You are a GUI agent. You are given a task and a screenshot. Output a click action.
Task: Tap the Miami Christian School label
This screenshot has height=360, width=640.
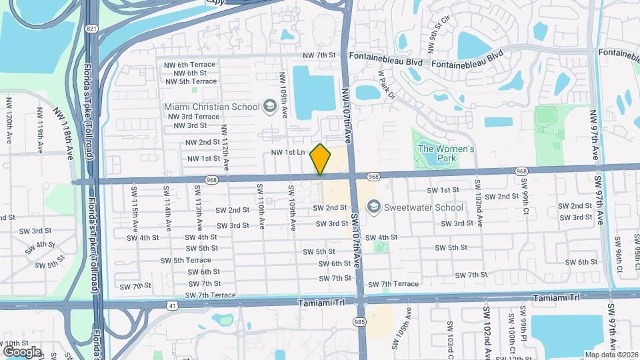[211, 106]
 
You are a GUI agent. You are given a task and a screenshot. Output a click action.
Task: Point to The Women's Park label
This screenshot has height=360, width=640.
[446, 153]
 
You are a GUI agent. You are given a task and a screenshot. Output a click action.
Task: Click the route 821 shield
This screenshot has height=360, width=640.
[91, 29]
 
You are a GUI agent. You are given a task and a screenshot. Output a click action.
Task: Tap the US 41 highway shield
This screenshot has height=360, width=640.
[173, 305]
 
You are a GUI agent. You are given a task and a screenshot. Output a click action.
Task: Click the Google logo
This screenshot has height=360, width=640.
[22, 351]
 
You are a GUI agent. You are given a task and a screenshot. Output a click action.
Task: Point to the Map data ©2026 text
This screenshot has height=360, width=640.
[610, 355]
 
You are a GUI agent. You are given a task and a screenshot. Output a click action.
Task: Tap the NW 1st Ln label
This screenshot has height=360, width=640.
[287, 153]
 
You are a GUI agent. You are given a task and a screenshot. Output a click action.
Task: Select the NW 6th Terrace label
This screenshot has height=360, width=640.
[189, 65]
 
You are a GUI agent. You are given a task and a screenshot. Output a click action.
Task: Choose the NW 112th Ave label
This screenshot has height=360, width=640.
[225, 146]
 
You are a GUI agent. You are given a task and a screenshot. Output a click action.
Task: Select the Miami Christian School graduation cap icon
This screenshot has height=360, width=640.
[269, 106]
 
